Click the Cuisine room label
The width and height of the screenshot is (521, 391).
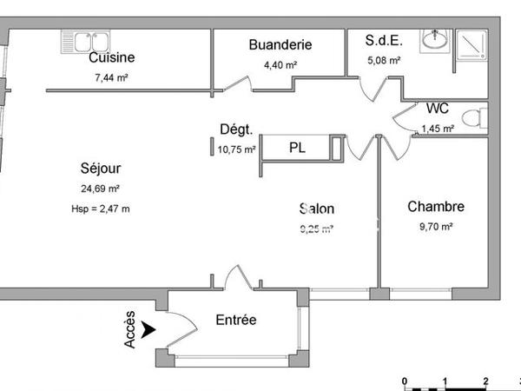point(111,58)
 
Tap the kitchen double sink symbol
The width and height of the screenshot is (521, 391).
point(84,41)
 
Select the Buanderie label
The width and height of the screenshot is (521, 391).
point(280,45)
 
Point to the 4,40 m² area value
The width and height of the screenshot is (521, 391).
point(280,64)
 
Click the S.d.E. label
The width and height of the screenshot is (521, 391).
point(383,41)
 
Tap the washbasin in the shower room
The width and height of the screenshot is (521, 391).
point(433,40)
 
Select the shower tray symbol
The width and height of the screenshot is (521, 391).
point(472,43)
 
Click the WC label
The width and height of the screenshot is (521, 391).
point(438,109)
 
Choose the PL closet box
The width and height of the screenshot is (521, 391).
point(297,148)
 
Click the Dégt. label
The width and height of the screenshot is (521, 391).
point(236,130)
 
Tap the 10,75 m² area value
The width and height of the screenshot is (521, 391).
point(236,149)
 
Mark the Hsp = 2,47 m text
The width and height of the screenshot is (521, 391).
point(100,209)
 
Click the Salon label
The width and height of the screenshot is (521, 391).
point(316,209)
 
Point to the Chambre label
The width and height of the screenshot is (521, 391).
point(436,207)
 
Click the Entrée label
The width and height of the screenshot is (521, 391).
point(235,320)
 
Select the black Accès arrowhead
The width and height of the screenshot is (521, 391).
point(148,330)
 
